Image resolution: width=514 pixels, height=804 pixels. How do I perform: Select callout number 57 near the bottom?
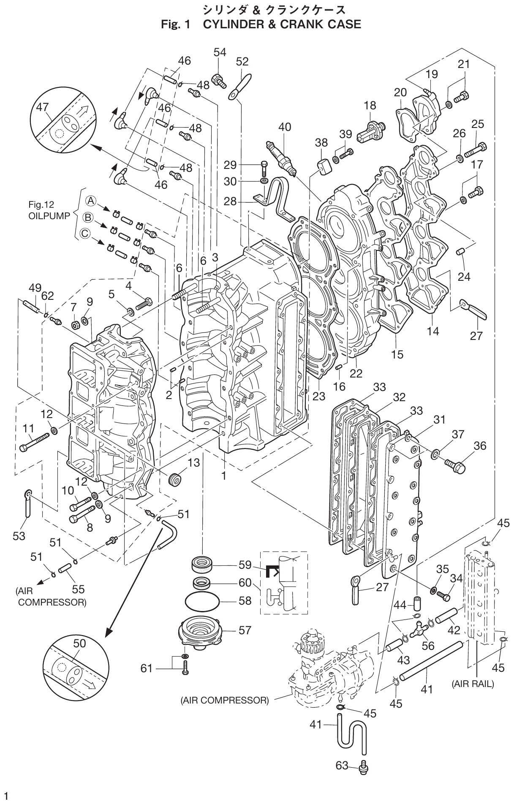coord(245,630)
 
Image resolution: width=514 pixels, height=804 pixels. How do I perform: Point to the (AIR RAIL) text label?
coord(472,684)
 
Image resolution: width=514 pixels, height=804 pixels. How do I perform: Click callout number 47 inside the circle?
coord(42,108)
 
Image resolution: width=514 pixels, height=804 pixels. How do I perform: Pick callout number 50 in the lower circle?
coord(79,644)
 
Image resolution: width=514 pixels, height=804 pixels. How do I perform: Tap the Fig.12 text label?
coord(41,205)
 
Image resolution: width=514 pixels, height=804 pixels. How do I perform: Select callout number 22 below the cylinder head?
coord(356,373)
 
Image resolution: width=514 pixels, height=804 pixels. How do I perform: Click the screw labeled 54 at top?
coord(218,79)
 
